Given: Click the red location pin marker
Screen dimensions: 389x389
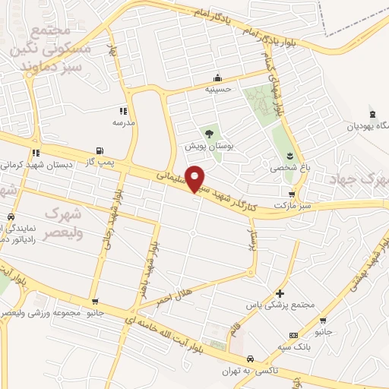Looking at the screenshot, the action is [195, 178].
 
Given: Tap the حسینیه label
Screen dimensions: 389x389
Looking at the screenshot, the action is [218, 88].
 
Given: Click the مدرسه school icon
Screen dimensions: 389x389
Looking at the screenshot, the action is [123, 112].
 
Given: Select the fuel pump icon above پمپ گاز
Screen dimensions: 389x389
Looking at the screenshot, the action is [99, 150].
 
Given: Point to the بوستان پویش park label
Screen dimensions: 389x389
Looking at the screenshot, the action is [207, 145].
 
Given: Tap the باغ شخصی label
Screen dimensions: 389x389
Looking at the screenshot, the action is [285, 167].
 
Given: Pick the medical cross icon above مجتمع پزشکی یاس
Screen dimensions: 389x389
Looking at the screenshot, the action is [280, 293].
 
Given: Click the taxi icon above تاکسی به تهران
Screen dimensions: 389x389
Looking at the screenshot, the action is [249, 359].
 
